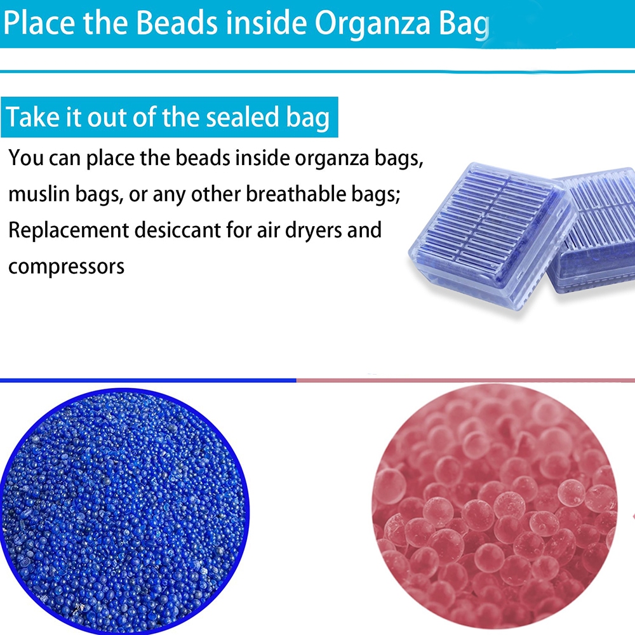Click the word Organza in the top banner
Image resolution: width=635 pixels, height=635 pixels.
tap(372, 24)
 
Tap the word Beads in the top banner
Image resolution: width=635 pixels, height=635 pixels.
tap(177, 23)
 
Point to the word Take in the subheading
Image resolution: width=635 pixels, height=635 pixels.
tap(32, 117)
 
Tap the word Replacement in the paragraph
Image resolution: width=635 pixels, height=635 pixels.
tap(69, 231)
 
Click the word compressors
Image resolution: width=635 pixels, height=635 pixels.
tap(67, 267)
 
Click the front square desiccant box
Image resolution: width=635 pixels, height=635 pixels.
tap(493, 236)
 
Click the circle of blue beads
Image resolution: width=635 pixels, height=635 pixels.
tap(124, 511)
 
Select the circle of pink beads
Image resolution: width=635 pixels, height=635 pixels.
tap(495, 509)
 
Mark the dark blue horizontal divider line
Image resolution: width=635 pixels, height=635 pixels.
tap(148, 380)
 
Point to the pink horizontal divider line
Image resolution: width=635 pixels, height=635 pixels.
tap(465, 380)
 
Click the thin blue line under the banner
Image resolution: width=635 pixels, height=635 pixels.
tap(317, 72)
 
